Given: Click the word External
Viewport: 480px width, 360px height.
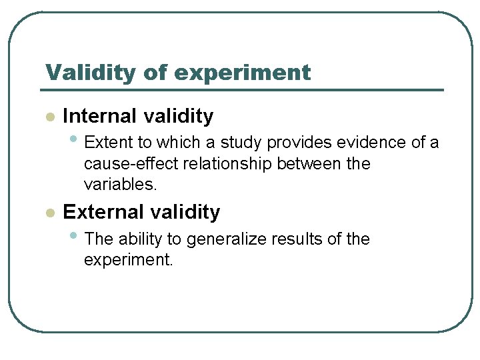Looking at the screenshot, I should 103,212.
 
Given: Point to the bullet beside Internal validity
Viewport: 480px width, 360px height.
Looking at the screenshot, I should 49,117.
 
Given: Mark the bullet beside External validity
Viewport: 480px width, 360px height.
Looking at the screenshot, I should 49,213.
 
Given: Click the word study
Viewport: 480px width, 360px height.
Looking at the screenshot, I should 241,142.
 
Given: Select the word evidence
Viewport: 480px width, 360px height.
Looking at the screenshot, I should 361,142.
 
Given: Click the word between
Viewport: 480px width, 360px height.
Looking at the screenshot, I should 310,164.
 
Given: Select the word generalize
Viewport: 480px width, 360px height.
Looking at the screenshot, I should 231,239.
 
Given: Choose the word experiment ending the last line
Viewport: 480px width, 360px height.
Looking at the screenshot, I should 128,260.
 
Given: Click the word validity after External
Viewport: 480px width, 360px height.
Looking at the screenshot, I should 186,212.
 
